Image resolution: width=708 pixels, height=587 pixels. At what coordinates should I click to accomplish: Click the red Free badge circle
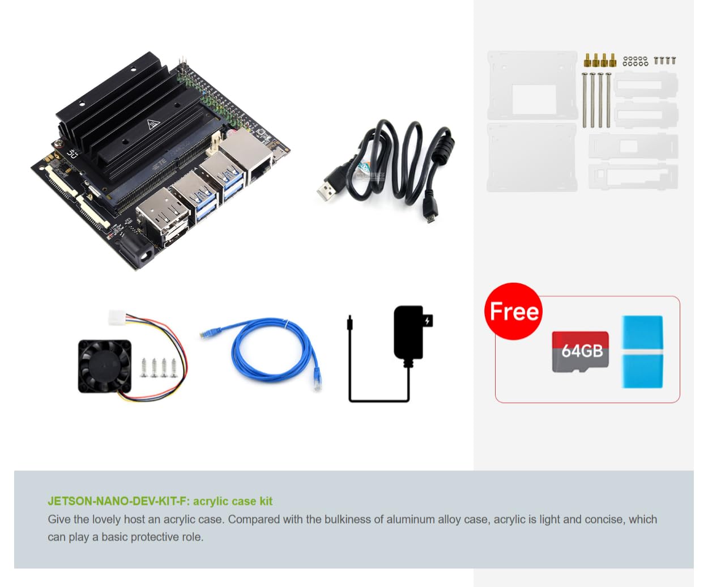[513, 311]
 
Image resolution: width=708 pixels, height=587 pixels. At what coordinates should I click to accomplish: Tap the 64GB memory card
[581, 352]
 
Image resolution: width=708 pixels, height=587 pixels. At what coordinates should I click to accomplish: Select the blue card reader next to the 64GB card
[642, 352]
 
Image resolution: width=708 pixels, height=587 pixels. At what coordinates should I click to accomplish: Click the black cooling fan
[104, 367]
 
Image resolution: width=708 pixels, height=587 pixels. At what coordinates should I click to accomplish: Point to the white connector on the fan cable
[117, 318]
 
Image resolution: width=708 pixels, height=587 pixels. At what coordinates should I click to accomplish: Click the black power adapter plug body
[409, 332]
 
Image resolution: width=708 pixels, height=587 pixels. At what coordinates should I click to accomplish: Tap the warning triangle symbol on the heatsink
[153, 125]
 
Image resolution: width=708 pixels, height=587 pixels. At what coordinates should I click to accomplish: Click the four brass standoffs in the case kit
[599, 60]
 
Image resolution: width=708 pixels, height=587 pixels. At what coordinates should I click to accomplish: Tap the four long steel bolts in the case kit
[596, 100]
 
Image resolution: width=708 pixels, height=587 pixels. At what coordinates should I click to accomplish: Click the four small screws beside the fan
[159, 368]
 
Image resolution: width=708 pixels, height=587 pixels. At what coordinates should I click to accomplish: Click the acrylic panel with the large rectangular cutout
[532, 85]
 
